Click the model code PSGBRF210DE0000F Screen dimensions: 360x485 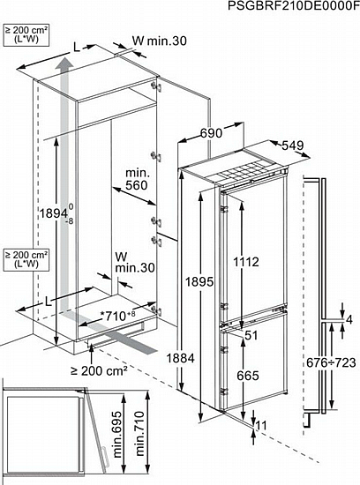click(x=294, y=5)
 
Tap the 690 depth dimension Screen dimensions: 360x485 click(x=211, y=133)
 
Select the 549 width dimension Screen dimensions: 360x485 click(x=293, y=145)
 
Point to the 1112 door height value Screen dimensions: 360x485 click(x=246, y=262)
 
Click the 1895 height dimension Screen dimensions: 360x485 click(x=199, y=282)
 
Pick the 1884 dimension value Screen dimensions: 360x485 click(x=181, y=358)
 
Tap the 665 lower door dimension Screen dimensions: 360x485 click(x=248, y=376)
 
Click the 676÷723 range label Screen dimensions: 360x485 click(x=331, y=362)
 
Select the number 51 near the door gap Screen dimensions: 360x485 click(x=251, y=335)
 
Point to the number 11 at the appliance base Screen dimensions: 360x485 click(x=261, y=426)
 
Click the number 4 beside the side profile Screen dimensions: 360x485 click(x=349, y=319)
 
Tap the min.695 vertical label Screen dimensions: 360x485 click(x=117, y=435)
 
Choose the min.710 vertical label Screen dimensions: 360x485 click(x=140, y=433)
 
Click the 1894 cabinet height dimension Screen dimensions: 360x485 click(x=56, y=213)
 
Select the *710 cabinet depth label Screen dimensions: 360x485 click(x=118, y=316)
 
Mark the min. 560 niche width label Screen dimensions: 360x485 click(x=137, y=179)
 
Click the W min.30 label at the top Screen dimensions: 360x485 click(x=160, y=41)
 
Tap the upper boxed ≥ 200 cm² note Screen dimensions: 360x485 click(x=26, y=35)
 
